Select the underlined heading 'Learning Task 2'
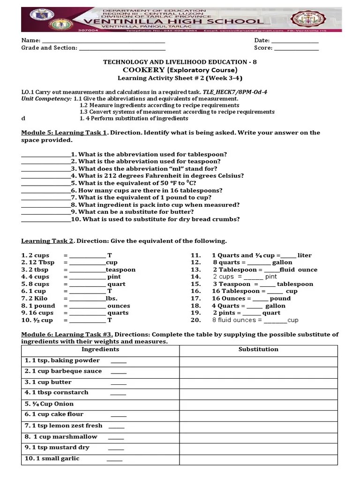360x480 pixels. (47, 241)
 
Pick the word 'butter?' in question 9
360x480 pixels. (182, 212)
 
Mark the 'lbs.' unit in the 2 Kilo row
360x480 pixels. (111, 299)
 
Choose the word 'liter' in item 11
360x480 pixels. (304, 255)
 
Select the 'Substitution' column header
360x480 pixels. (258, 349)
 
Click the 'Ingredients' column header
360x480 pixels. (100, 349)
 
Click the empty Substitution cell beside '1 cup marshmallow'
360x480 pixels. (258, 437)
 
